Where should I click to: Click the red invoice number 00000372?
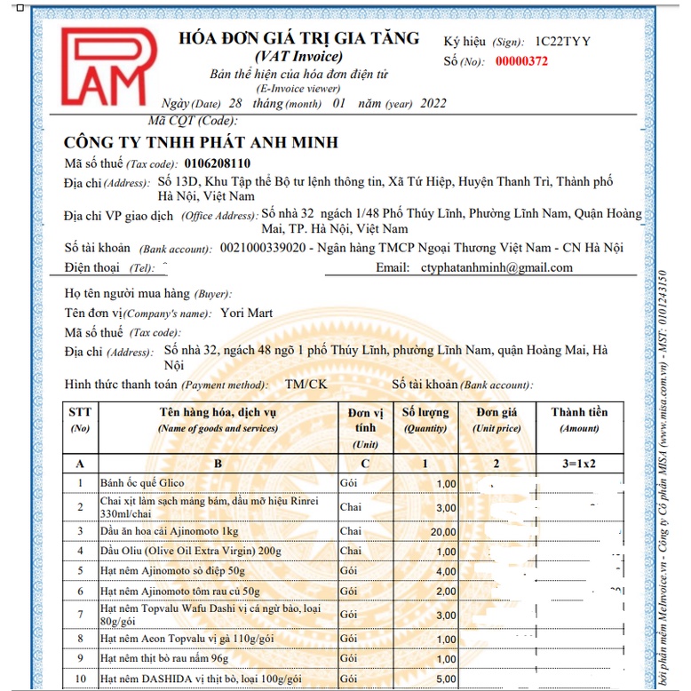(521, 61)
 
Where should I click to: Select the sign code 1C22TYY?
(562, 42)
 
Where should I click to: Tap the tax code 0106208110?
(218, 163)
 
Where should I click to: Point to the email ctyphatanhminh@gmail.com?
(496, 267)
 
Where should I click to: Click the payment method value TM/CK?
(306, 385)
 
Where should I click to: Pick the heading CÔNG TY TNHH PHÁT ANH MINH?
(202, 143)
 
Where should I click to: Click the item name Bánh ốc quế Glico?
(142, 483)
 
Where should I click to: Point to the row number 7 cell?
(81, 615)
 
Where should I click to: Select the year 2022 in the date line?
(432, 103)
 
